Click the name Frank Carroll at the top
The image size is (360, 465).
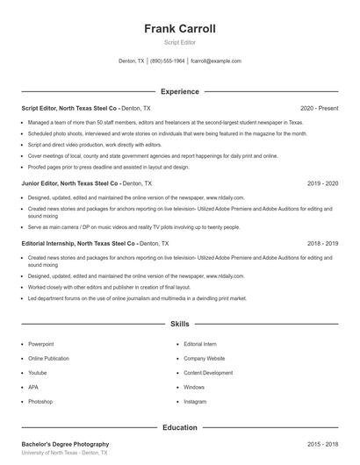[x=180, y=29]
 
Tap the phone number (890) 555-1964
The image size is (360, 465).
[x=167, y=61]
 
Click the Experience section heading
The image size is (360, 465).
[x=180, y=91]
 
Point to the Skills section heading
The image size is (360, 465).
[x=180, y=324]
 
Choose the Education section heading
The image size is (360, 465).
[x=180, y=427]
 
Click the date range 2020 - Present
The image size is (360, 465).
[x=319, y=108]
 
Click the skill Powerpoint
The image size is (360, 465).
[x=41, y=345]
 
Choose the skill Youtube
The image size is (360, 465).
[x=38, y=373]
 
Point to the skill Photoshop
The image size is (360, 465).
[x=40, y=401]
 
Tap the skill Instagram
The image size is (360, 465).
[x=195, y=401]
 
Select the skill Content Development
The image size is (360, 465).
[x=208, y=373]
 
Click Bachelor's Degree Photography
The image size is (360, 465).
[x=65, y=444]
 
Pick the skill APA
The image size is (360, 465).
[x=33, y=387]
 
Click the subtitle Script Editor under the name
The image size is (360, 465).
[x=180, y=42]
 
